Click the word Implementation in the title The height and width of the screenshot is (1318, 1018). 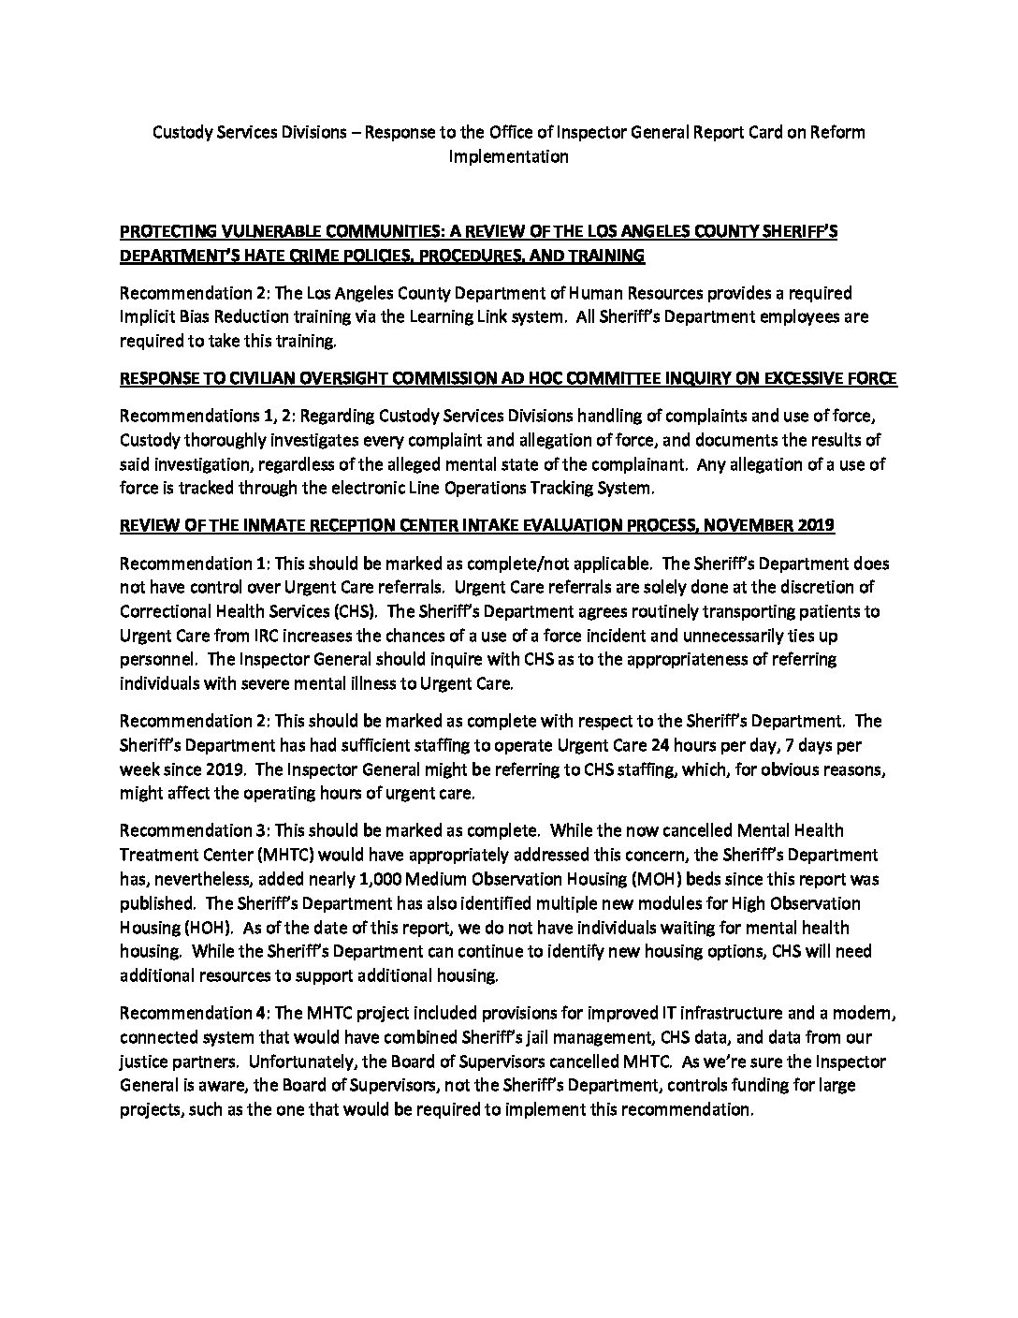[x=508, y=156]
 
